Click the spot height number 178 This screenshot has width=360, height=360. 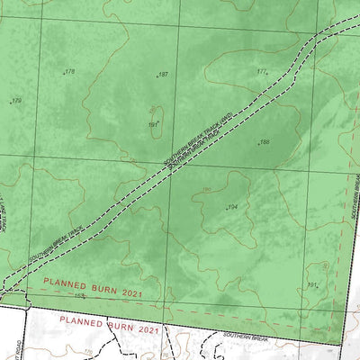[69, 71]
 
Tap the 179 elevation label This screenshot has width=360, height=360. [16, 101]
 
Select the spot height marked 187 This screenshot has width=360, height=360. [163, 75]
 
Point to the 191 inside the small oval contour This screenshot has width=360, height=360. [153, 124]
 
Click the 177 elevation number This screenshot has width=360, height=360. [262, 72]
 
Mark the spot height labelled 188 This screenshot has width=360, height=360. [265, 142]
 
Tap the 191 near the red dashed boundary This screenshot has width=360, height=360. [312, 285]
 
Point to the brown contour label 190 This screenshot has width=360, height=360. [206, 190]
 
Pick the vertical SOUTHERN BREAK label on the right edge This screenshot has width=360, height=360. [355, 193]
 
